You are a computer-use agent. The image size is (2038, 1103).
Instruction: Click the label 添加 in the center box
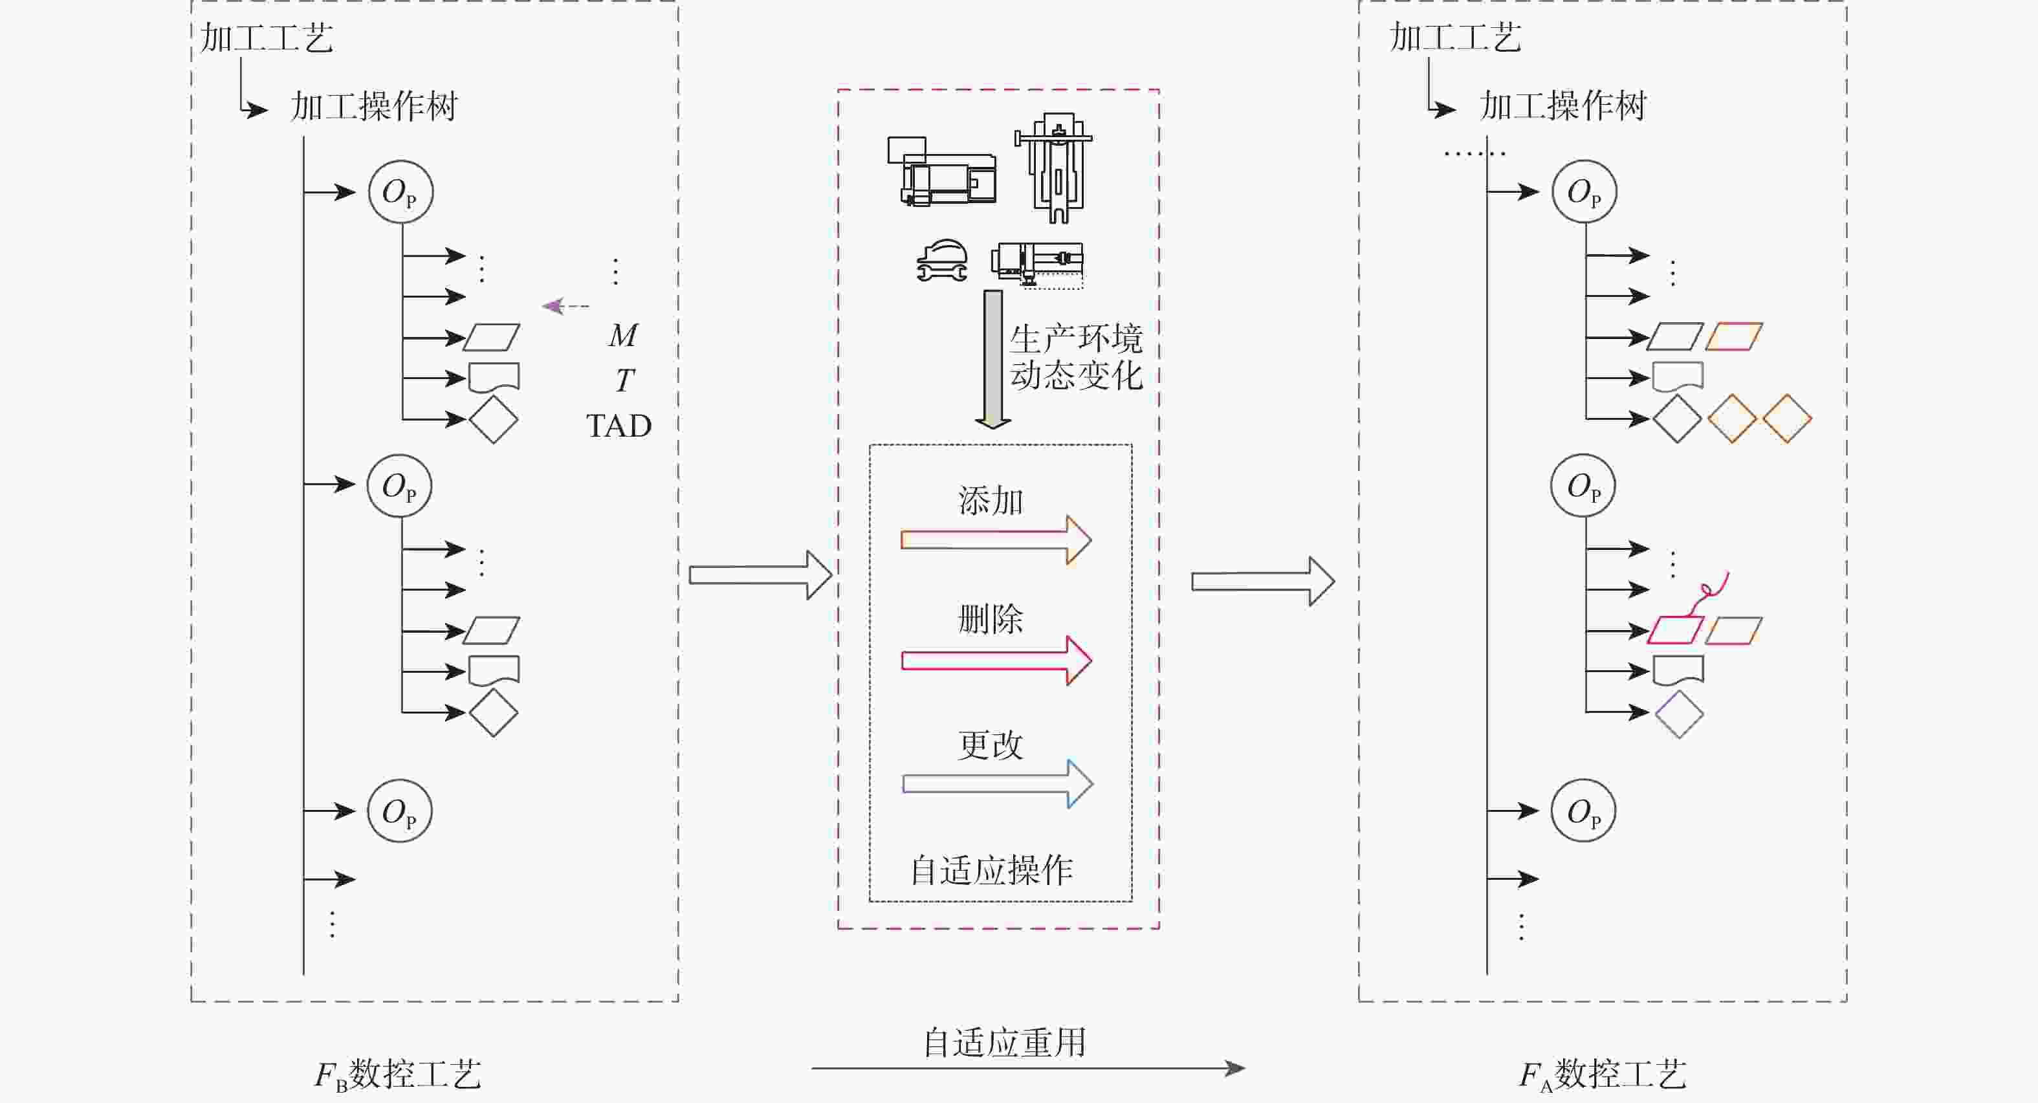point(991,501)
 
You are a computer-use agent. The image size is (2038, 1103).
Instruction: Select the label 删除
point(991,618)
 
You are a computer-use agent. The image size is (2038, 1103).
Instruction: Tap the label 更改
point(991,745)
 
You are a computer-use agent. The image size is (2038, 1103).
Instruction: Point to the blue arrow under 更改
point(997,783)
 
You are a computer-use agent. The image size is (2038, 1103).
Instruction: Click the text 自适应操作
point(991,870)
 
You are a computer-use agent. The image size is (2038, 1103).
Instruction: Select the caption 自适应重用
point(1005,1042)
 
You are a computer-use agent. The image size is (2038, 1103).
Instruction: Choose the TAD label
point(619,426)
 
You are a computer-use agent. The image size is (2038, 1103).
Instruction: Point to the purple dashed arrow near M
point(565,305)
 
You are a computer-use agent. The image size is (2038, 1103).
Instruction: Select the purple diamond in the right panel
point(1679,714)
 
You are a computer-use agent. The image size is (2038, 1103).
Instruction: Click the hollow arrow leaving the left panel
point(760,574)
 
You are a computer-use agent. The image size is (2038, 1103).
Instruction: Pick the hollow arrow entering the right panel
point(1262,582)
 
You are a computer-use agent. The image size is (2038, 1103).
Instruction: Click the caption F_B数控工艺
point(397,1075)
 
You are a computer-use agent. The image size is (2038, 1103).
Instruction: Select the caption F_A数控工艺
point(1602,1075)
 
